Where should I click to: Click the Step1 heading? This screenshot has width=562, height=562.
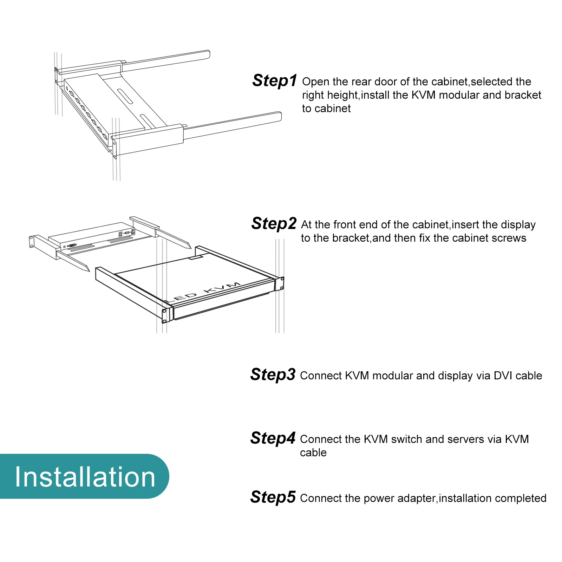point(275,81)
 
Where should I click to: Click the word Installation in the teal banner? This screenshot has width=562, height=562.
point(85,477)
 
